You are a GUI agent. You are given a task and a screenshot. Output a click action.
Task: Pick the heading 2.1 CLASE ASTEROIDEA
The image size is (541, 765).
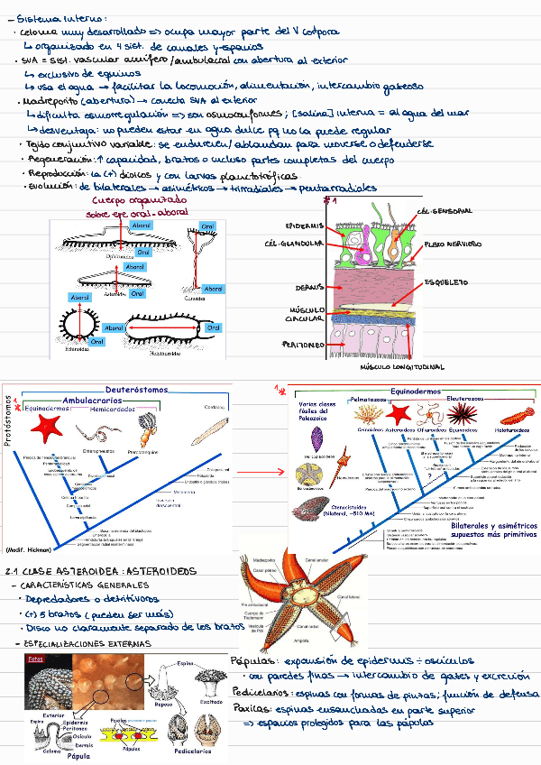tap(101, 572)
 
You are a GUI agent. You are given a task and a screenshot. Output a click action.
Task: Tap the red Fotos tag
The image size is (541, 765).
tap(36, 659)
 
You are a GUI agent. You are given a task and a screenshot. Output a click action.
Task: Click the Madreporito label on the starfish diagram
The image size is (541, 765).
tap(264, 558)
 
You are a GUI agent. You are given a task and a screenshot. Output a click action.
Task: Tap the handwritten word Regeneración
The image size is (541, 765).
tap(53, 158)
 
